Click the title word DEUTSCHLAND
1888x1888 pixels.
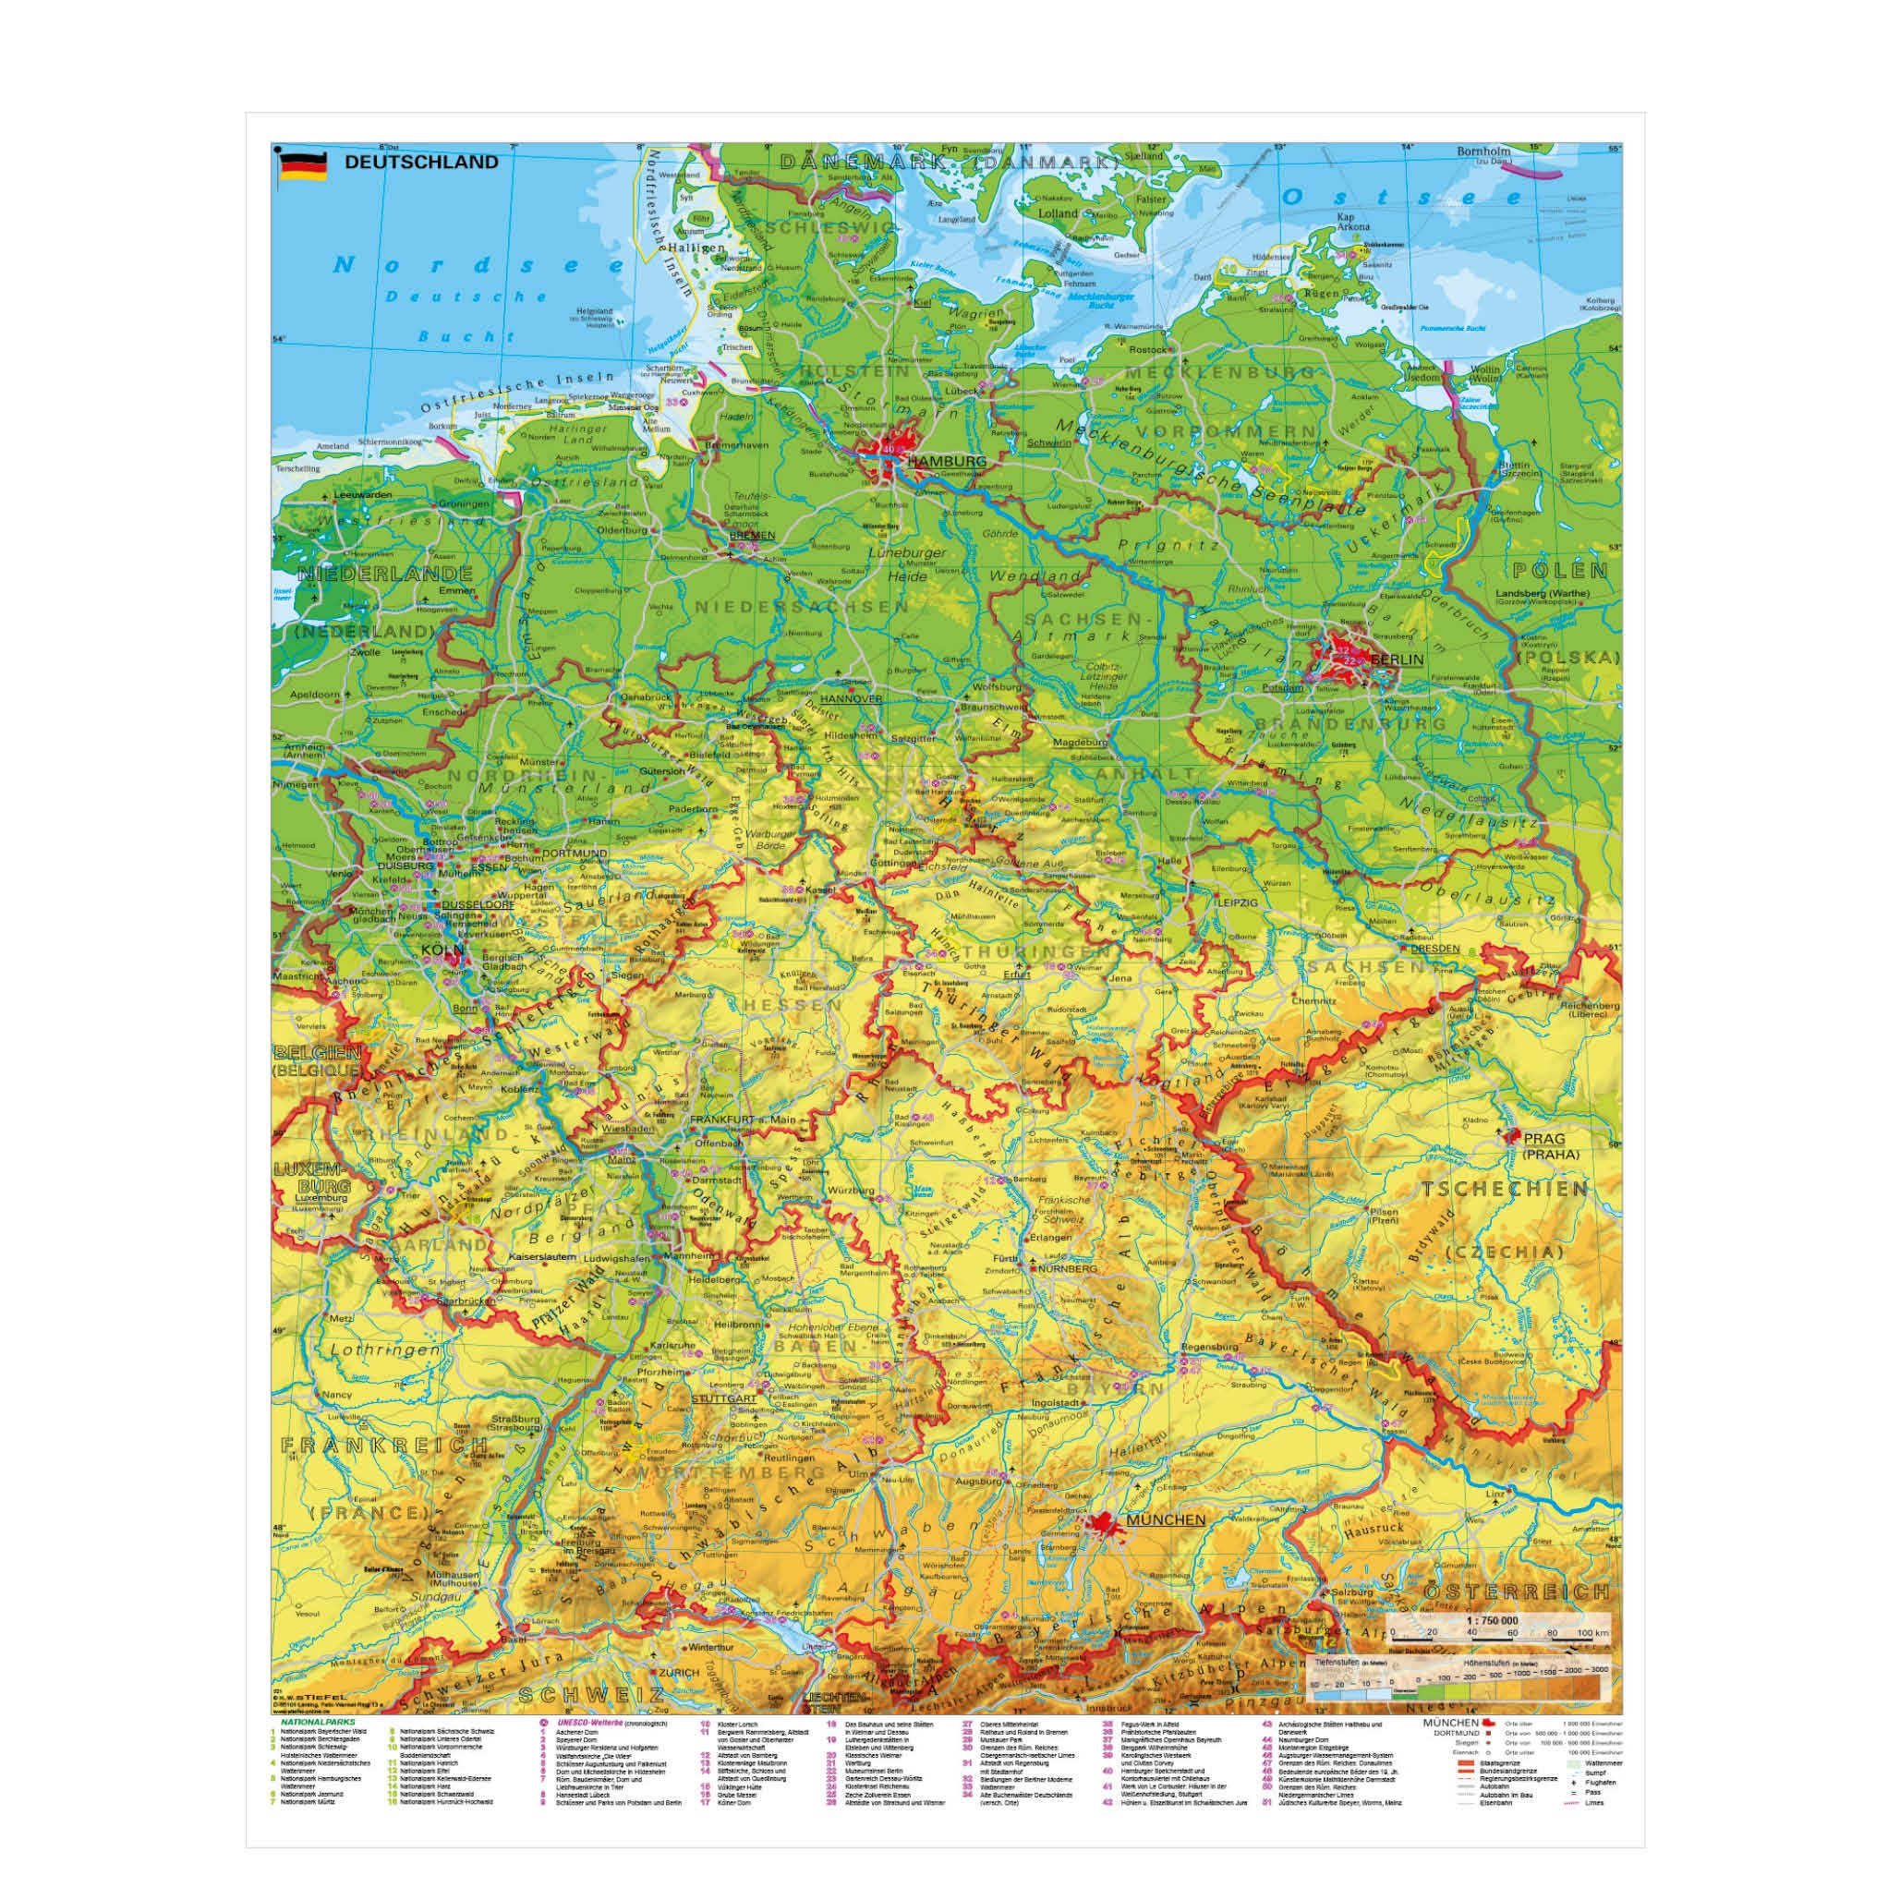(421, 163)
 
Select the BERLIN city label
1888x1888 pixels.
(1397, 660)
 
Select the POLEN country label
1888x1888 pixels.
(1560, 571)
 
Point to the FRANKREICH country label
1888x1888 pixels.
(384, 1445)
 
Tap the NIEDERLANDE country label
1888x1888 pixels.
(372, 574)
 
